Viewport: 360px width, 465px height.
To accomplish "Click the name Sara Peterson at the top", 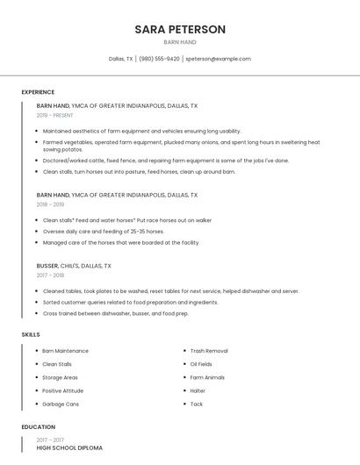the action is click(x=180, y=29).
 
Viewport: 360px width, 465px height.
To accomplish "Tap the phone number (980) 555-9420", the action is click(x=159, y=59).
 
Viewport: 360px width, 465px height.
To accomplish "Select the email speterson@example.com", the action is click(x=218, y=59).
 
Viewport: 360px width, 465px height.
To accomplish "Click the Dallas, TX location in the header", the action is click(x=121, y=59).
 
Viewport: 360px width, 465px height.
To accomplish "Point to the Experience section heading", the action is click(x=38, y=92).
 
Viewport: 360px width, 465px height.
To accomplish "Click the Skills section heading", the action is click(x=31, y=334).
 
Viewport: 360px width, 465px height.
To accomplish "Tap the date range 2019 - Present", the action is click(x=54, y=115).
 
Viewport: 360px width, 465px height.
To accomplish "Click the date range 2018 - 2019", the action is click(x=50, y=204).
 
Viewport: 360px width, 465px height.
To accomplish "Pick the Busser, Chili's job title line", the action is click(x=74, y=265).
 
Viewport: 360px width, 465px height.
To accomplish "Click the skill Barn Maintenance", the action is click(x=65, y=351).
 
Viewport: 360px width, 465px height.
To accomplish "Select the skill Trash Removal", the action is click(x=209, y=351).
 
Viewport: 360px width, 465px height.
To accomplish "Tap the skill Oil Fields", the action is click(x=201, y=364).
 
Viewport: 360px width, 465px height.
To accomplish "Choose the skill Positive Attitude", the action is click(x=62, y=390).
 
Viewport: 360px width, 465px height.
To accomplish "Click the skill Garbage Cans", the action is click(x=61, y=404).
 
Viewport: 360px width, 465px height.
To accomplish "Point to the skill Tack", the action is click(x=197, y=404).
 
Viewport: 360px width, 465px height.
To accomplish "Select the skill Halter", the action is click(x=198, y=390).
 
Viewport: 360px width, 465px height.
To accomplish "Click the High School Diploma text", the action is click(x=69, y=447).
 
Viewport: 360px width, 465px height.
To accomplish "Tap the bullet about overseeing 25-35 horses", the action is click(x=103, y=232).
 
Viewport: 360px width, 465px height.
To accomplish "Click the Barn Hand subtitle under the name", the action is click(x=180, y=42).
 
